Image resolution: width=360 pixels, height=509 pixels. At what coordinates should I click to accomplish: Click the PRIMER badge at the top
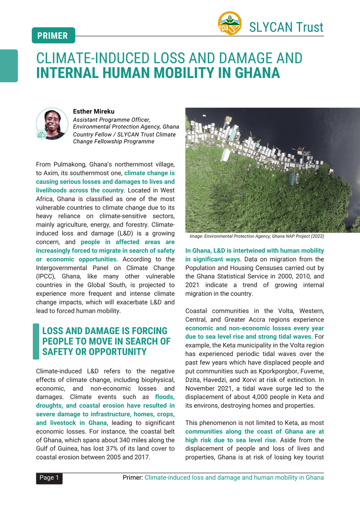pyautogui.click(x=53, y=36)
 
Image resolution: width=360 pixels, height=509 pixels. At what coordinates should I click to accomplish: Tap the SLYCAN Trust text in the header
pyautogui.click(x=286, y=27)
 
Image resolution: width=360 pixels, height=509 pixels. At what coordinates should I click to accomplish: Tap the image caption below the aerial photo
pyautogui.click(x=256, y=236)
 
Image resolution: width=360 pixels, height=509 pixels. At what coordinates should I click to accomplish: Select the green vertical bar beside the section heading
pyautogui.click(x=36, y=341)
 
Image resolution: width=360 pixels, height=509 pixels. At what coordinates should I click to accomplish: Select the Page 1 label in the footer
pyautogui.click(x=49, y=478)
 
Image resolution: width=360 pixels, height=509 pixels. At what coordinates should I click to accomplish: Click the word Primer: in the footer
pyautogui.click(x=132, y=478)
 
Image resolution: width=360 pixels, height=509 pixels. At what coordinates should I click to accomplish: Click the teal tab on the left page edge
pyautogui.click(x=9, y=66)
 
